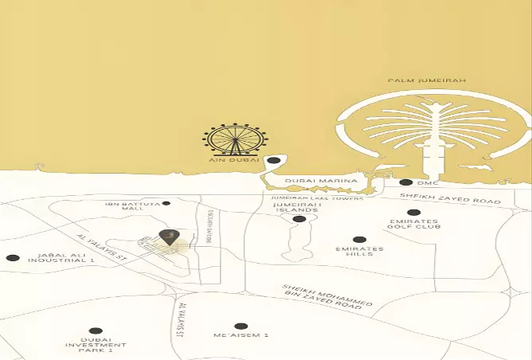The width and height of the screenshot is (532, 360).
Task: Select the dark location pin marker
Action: click(x=168, y=236)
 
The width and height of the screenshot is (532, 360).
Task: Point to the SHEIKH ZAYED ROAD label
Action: click(x=450, y=198)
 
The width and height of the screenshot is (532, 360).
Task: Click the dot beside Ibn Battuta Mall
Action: click(x=166, y=204)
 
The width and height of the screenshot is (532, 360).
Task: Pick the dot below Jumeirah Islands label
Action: click(x=299, y=219)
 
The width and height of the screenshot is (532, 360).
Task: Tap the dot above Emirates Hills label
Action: click(x=359, y=239)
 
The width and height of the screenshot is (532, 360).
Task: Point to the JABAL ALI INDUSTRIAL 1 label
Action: click(x=61, y=258)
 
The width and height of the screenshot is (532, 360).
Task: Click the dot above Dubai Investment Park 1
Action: click(x=96, y=331)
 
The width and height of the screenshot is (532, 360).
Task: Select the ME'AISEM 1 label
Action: click(x=241, y=336)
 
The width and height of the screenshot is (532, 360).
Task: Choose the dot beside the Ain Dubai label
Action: click(x=273, y=160)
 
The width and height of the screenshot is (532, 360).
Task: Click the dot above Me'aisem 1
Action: click(x=241, y=326)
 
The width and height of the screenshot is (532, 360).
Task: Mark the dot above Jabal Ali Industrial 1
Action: click(x=12, y=258)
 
